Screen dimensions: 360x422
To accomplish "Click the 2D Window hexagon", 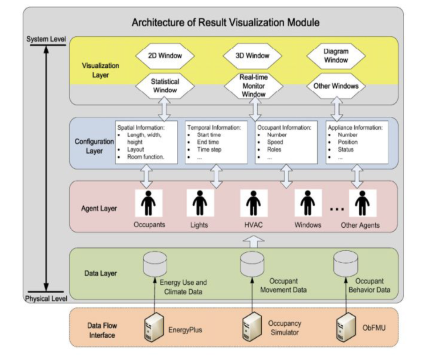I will [x=165, y=57].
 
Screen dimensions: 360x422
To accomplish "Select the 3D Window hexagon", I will [x=253, y=56].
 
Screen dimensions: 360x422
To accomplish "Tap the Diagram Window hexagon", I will [x=336, y=56].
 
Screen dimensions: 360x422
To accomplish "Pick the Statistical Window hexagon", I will [x=165, y=85].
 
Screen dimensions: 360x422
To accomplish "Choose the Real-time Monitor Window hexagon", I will [x=252, y=86].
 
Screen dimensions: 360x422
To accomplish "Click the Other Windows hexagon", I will [x=337, y=85].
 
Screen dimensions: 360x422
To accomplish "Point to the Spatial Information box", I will [x=146, y=142].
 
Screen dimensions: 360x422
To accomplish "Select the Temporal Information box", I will [x=216, y=142].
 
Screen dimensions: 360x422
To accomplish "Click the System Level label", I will [x=45, y=39].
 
